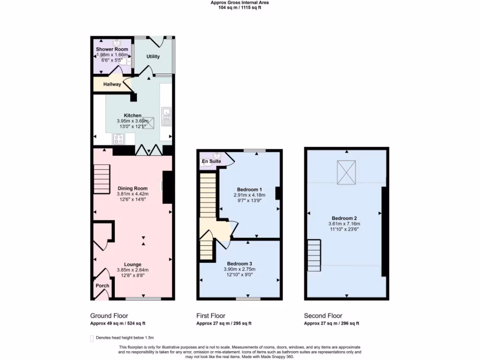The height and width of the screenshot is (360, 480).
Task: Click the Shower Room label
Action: [x=112, y=49]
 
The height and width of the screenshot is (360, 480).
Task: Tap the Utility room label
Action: [x=153, y=57]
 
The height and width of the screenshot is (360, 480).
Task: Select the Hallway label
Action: [x=112, y=84]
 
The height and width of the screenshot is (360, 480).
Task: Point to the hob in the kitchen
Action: [x=118, y=139]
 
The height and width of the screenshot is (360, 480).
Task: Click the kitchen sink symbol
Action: [x=166, y=113]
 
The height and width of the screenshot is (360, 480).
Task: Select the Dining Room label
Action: [x=132, y=189]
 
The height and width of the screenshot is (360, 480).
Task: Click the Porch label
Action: [x=102, y=286]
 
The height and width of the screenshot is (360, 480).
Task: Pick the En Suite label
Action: [x=211, y=161]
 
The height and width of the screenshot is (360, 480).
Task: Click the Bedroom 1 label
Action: [x=249, y=189]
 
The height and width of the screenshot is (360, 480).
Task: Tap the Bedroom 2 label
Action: [x=345, y=218]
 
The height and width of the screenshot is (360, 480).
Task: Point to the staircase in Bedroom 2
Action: [x=314, y=255]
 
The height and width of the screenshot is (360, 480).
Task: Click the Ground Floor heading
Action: [x=109, y=316]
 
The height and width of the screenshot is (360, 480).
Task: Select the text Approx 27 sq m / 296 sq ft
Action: [x=331, y=323]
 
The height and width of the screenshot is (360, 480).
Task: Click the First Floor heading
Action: [x=210, y=316]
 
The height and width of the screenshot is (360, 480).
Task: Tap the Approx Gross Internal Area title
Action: [x=240, y=3]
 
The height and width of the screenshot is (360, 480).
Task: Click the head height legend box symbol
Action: [x=91, y=337]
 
